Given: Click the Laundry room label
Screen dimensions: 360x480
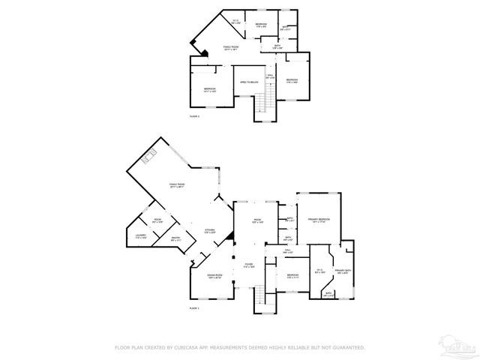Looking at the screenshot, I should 141,236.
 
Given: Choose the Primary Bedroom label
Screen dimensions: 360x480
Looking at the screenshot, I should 319,220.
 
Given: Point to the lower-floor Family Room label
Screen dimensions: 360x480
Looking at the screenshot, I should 177,184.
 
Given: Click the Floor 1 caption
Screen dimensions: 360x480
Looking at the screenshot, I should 194,309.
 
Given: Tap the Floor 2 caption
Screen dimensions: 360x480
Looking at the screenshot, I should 194,116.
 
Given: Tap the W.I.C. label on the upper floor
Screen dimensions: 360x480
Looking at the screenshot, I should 235,22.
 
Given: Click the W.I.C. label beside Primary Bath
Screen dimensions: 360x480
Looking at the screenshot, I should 319,271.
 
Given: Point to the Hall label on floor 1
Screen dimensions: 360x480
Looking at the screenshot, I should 288,253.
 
